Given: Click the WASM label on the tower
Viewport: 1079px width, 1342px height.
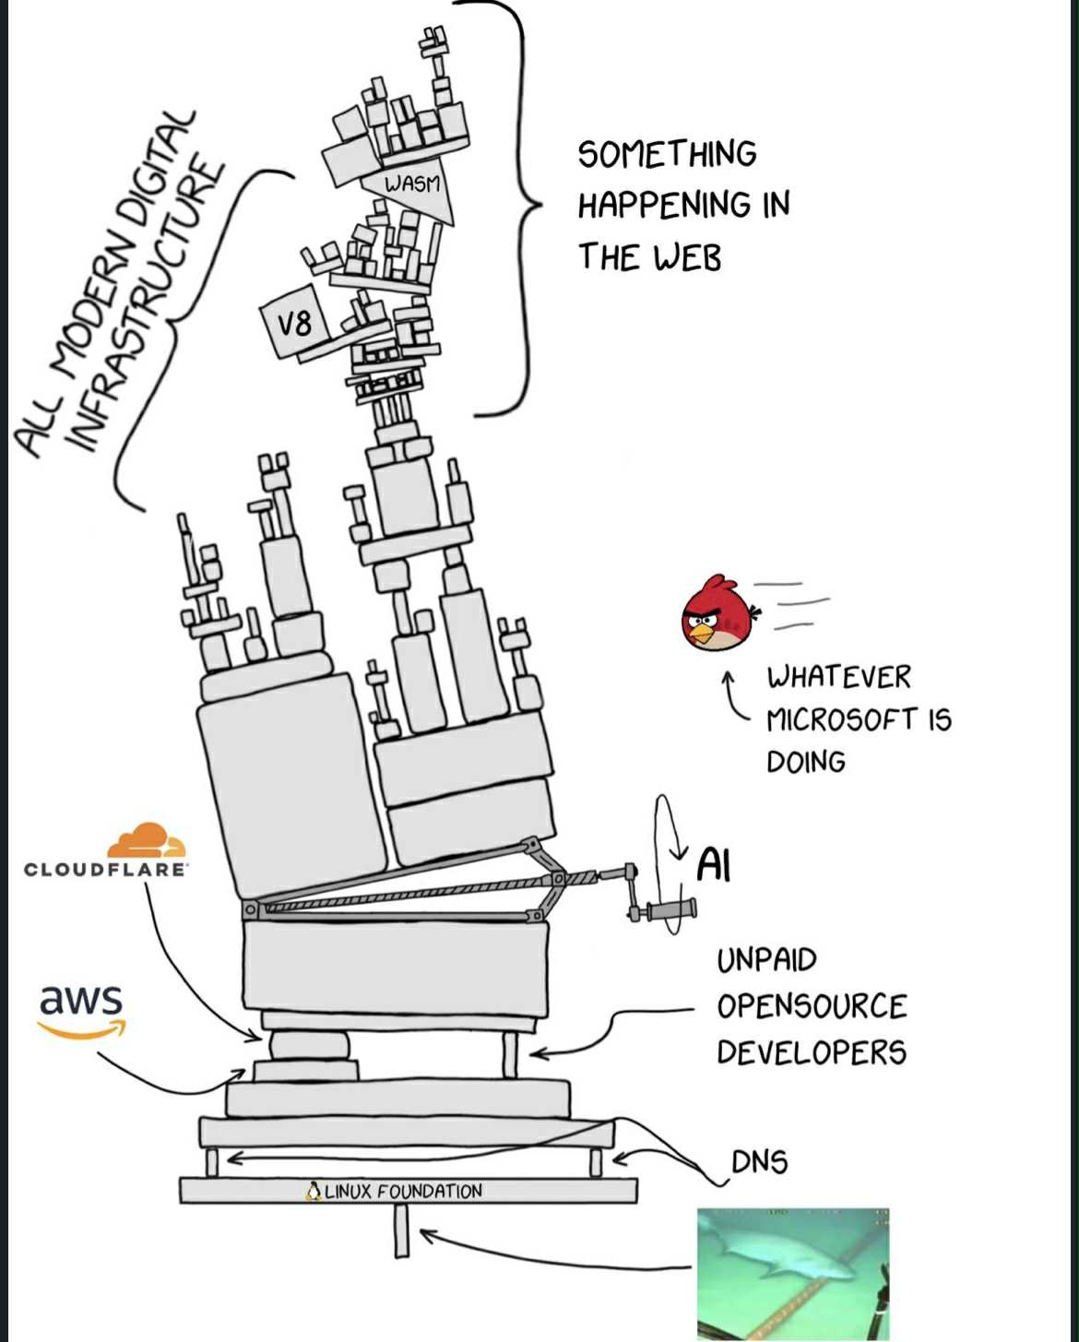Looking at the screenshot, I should pyautogui.click(x=412, y=184).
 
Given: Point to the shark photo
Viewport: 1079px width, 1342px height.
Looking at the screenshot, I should pyautogui.click(x=793, y=1273).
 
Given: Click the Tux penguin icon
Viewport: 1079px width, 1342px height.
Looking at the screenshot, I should pyautogui.click(x=314, y=1192).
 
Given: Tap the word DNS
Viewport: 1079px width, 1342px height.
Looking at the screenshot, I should pyautogui.click(x=760, y=1162).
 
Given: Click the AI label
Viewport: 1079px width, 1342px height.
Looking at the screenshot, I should pyautogui.click(x=713, y=865).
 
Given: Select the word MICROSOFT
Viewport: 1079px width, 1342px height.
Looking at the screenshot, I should pyautogui.click(x=842, y=719).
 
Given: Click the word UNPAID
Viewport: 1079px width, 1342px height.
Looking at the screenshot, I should pyautogui.click(x=766, y=960).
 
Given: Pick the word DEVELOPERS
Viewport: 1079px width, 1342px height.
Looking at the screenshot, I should pyautogui.click(x=812, y=1052).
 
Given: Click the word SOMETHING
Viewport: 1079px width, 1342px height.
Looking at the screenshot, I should pyautogui.click(x=667, y=154).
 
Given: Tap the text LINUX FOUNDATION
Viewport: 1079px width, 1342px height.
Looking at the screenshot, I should pyautogui.click(x=403, y=1192).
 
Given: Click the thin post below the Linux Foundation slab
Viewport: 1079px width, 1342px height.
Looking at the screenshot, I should pyautogui.click(x=401, y=1230).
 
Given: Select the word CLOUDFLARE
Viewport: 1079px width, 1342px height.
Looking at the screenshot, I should pyautogui.click(x=105, y=870).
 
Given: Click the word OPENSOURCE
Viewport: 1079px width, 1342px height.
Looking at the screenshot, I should pyautogui.click(x=812, y=1006).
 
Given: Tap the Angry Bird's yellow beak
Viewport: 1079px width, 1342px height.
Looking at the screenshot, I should pyautogui.click(x=703, y=634).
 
